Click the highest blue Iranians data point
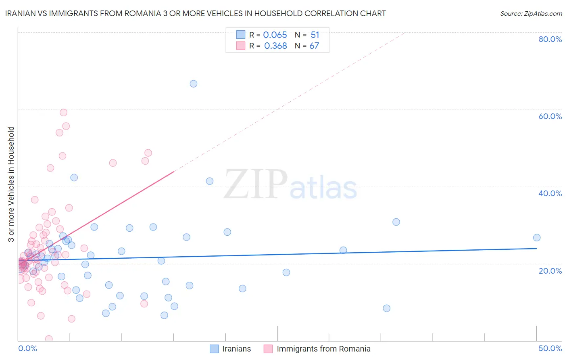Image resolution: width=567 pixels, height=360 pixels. pos(194,84)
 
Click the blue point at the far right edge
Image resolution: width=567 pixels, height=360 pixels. pos(537,238)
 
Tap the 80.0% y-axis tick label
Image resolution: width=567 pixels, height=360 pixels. pos(550,39)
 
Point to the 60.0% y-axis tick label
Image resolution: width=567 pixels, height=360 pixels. pos(550,116)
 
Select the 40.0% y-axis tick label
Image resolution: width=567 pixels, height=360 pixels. pos(550,193)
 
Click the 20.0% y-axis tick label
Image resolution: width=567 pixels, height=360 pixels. pos(550,271)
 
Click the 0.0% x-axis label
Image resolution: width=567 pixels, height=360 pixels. pos(27,348)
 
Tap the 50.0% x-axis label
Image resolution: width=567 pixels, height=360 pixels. pos(550,348)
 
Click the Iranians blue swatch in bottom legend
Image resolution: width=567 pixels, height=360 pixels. pos(215,349)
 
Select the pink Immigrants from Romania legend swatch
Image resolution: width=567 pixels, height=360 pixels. pos(268,349)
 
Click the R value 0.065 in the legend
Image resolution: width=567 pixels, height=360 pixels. pos(275,35)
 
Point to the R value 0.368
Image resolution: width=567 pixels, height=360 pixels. pos(275,46)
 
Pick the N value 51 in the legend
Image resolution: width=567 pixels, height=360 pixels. pos(315,35)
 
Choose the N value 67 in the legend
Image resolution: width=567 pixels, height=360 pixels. pos(314,46)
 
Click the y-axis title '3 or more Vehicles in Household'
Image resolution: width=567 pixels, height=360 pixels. pos(11,184)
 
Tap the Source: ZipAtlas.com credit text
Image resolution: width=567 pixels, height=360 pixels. pos(531,14)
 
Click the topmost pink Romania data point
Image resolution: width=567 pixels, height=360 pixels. pos(63,113)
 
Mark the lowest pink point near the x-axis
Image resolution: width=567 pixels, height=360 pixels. pos(49,339)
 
